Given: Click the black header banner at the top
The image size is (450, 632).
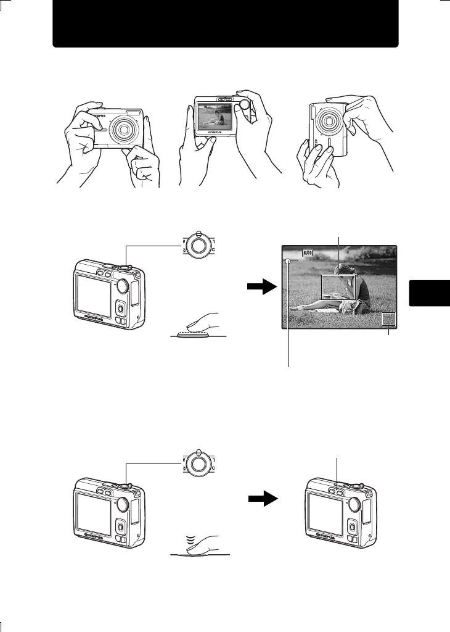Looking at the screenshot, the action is click(225, 24).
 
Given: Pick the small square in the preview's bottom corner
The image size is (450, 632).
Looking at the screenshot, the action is click(388, 319).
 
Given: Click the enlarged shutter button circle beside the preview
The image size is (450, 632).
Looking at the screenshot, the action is click(197, 244).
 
